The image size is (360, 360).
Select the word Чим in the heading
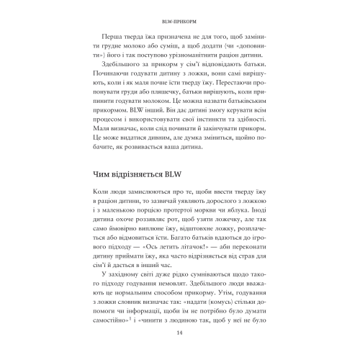point(106,213)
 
